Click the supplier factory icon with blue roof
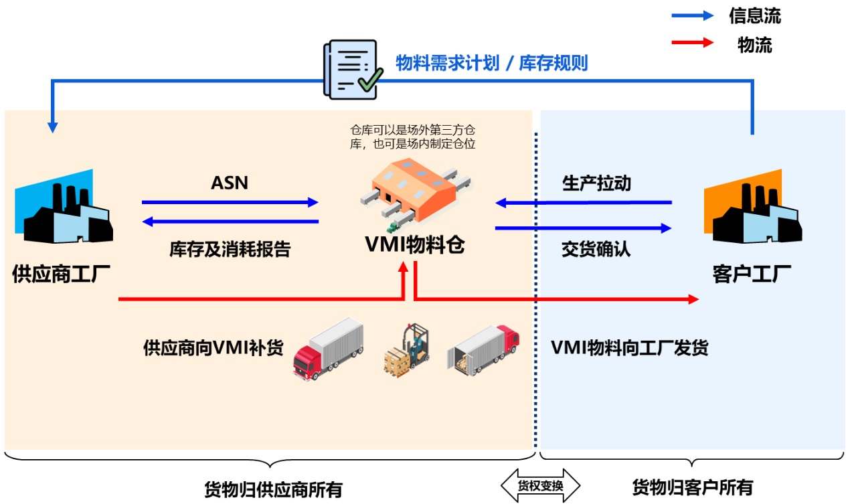tap(64, 209)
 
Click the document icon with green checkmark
tap(352, 70)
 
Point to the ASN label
tap(229, 183)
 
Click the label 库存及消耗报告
tap(230, 250)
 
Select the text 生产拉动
tap(596, 183)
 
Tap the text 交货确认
tap(596, 250)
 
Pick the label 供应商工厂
tap(62, 274)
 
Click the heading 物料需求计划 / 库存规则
tap(491, 64)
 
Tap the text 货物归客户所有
tap(693, 487)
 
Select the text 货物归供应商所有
tap(273, 489)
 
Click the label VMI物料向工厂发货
tap(629, 348)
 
